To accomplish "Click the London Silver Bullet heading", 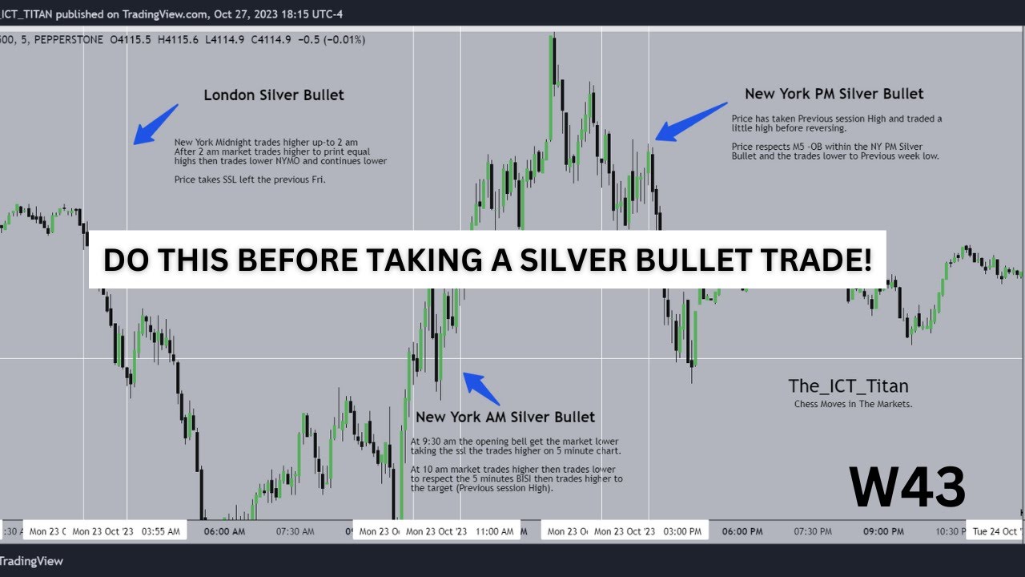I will tap(274, 95).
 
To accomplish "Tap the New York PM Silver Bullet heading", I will tap(834, 94).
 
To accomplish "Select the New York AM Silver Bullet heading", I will tap(505, 417).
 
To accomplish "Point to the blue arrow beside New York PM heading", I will tap(689, 121).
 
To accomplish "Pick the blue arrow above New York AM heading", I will tap(481, 389).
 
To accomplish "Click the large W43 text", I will tap(907, 487).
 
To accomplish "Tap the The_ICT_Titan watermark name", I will tap(848, 386).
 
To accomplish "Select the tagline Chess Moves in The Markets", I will tap(853, 405).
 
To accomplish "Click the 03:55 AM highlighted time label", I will tap(161, 531).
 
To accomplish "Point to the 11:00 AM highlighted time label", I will tap(494, 531).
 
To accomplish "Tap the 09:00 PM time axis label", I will tap(883, 531).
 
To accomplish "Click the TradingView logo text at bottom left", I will tap(31, 561).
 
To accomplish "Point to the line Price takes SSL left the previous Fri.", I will tap(250, 180).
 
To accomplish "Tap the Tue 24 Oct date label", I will tap(996, 531).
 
